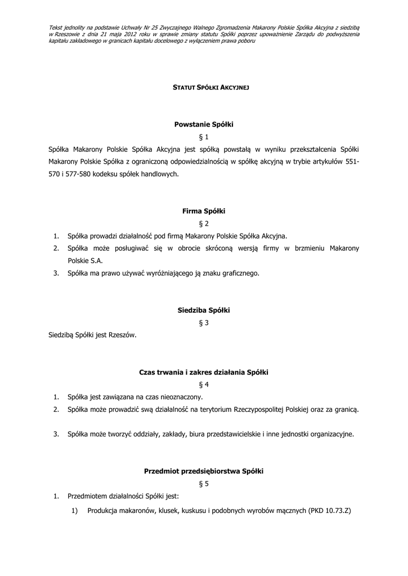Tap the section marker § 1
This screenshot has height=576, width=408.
(x=204, y=137)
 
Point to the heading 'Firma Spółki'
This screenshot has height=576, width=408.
(x=203, y=211)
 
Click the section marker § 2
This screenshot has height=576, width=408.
(x=204, y=223)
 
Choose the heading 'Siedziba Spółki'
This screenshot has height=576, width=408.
(x=203, y=310)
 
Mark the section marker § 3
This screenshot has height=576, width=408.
(x=204, y=322)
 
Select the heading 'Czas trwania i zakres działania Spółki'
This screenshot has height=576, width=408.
(x=203, y=372)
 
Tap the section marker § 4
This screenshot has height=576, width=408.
(x=204, y=385)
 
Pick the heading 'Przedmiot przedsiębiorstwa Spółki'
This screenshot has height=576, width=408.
(x=203, y=471)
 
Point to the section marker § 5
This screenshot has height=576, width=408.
(x=204, y=483)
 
